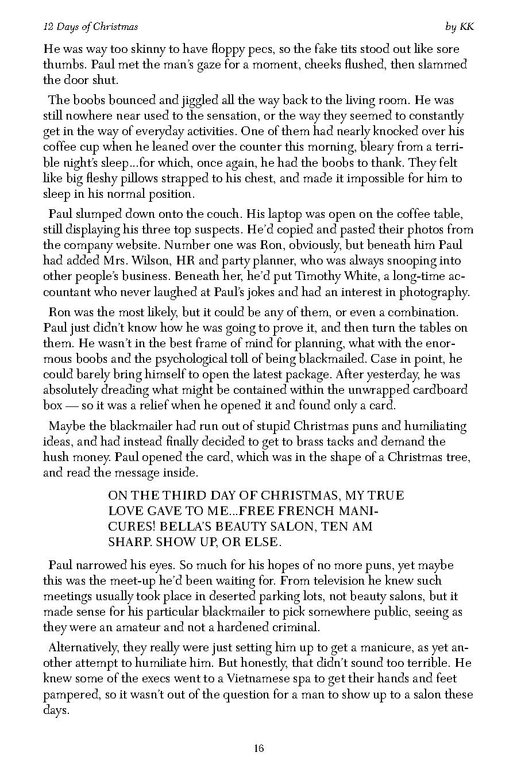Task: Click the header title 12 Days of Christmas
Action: coord(91,27)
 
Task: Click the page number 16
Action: coord(258,748)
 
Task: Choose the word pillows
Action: coord(149,178)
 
